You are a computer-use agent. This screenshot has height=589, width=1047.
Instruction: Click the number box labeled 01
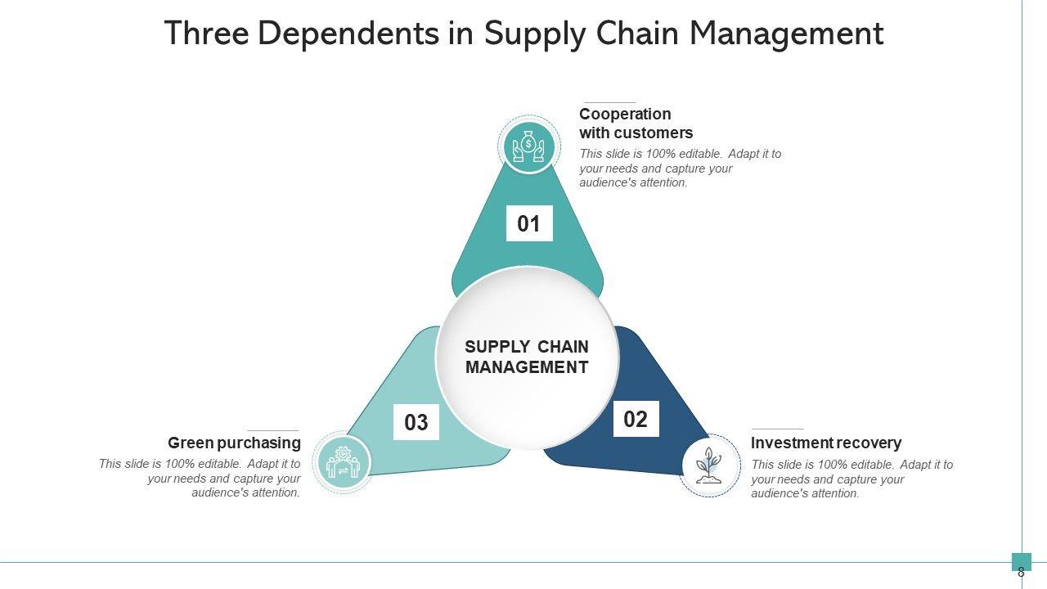529,224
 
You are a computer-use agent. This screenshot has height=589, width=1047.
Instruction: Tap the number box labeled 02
636,420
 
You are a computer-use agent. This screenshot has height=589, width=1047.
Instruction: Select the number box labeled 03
416,422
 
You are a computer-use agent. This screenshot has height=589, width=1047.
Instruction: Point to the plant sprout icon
708,465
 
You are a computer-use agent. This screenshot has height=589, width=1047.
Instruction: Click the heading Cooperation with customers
636,124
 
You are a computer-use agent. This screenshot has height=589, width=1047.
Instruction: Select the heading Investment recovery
826,443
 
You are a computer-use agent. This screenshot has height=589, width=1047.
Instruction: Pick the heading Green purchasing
234,443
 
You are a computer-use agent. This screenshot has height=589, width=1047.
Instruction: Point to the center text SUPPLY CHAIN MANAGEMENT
527,357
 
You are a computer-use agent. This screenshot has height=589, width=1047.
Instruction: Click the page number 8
1021,573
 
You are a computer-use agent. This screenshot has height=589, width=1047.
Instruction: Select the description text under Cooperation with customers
680,169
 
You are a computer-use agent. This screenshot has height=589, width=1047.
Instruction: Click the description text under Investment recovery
852,479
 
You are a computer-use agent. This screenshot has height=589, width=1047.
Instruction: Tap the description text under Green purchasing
200,479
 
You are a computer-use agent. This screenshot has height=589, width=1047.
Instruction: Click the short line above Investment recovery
777,429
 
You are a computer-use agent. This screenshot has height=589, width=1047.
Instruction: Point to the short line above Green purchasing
273,430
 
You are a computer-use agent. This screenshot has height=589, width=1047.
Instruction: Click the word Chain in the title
635,34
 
